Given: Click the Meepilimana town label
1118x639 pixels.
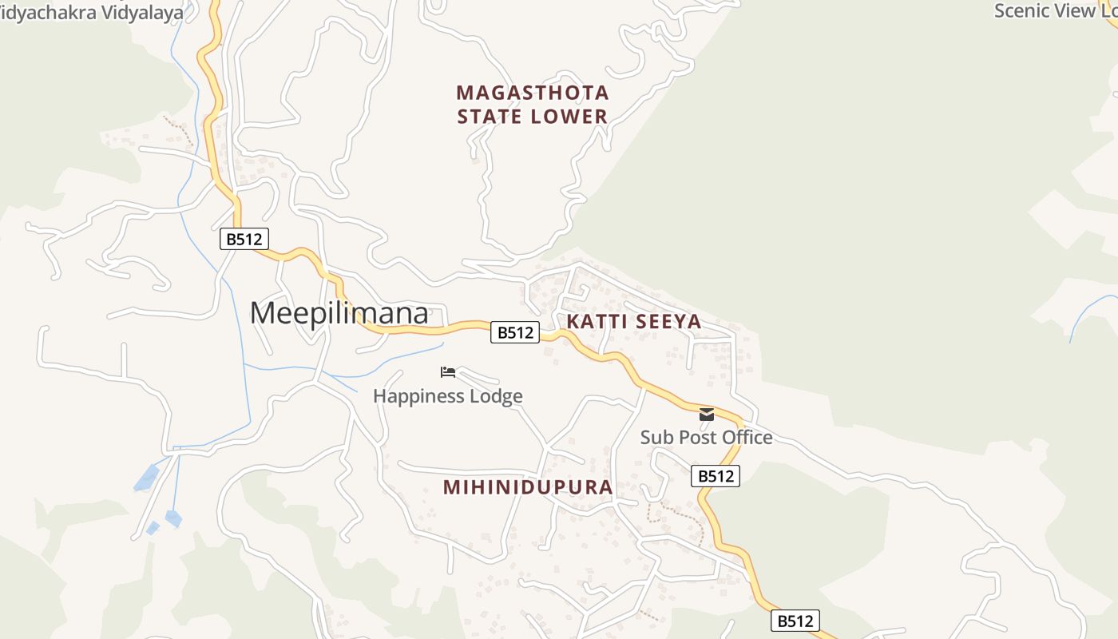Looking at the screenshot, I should coord(339,313).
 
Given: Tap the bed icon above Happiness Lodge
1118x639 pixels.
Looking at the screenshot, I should coord(448,372).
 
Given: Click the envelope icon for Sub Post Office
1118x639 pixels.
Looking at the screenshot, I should coord(707,415).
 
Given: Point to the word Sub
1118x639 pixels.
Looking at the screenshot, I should coord(656,438).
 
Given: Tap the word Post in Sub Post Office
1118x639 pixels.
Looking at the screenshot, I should coord(696,438).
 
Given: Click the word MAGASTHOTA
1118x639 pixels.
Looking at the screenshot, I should coord(533,93).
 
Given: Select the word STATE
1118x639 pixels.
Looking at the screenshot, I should coord(488,117).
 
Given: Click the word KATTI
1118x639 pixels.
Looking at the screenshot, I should coord(595,322).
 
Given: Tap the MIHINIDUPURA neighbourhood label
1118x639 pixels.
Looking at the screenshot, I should coord(528,487).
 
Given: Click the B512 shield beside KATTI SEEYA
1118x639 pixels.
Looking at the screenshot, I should coord(515,332).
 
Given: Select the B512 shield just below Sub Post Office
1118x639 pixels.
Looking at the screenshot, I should coord(716,476).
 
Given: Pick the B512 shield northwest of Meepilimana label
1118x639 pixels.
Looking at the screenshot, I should coord(244,238).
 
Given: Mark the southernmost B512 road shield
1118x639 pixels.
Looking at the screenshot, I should coord(795,621).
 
